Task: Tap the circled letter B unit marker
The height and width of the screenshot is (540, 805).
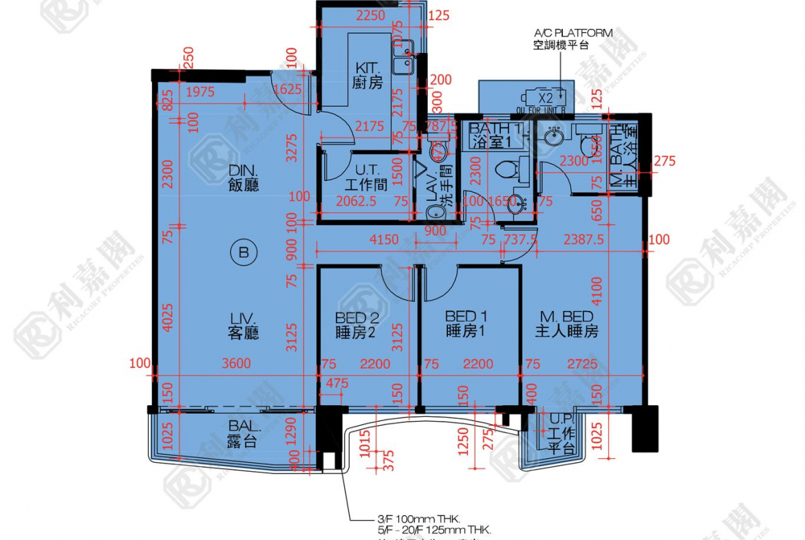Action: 243,253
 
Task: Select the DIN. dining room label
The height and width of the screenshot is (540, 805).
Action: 244,177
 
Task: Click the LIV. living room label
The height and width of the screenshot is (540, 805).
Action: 244,325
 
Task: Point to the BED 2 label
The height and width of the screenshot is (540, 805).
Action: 357,324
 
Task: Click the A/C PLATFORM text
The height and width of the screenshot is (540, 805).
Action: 573,32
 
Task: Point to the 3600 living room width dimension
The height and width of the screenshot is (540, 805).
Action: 237,364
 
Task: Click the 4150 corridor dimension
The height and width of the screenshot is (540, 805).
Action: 385,239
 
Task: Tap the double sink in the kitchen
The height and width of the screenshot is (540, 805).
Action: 402,56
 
